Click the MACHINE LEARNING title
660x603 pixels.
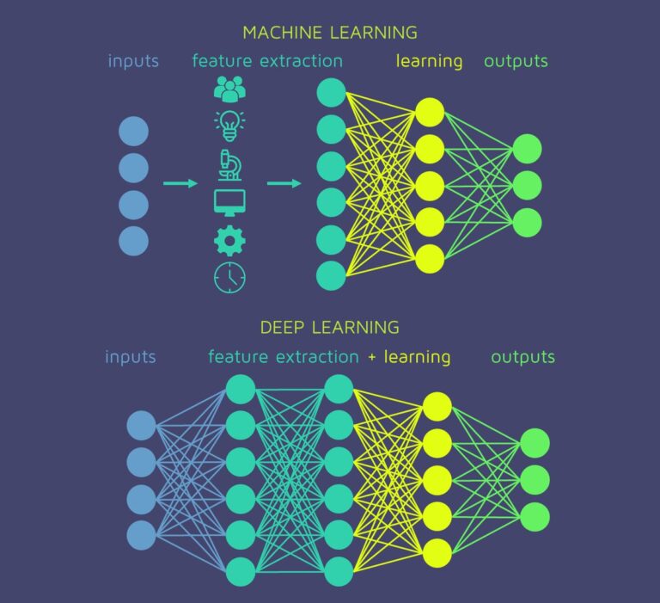pyautogui.click(x=330, y=33)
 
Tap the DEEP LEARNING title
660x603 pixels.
pyautogui.click(x=330, y=327)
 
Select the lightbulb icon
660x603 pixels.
pyautogui.click(x=229, y=125)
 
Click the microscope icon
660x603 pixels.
pyautogui.click(x=229, y=163)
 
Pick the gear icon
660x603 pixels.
pyautogui.click(x=229, y=240)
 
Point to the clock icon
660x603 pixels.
pyautogui.click(x=229, y=277)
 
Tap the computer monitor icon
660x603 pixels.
pyautogui.click(x=229, y=202)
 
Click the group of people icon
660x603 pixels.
pyautogui.click(x=229, y=88)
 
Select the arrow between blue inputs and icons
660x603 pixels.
pyautogui.click(x=180, y=183)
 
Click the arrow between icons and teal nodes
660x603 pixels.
pyautogui.click(x=284, y=183)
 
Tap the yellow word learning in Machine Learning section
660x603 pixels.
pyautogui.click(x=429, y=61)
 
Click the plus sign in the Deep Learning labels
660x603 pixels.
pyautogui.click(x=372, y=356)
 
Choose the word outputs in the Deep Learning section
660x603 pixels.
pyautogui.click(x=522, y=356)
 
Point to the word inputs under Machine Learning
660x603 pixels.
pyautogui.click(x=133, y=61)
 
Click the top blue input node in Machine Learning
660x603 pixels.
pyautogui.click(x=133, y=131)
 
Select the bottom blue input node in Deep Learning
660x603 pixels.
pyautogui.click(x=142, y=535)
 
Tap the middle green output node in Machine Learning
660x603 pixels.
pyautogui.click(x=527, y=185)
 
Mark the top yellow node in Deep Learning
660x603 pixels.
pyautogui.click(x=437, y=406)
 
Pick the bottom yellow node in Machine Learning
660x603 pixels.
pyautogui.click(x=429, y=258)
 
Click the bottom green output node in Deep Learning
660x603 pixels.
pyautogui.click(x=535, y=516)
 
